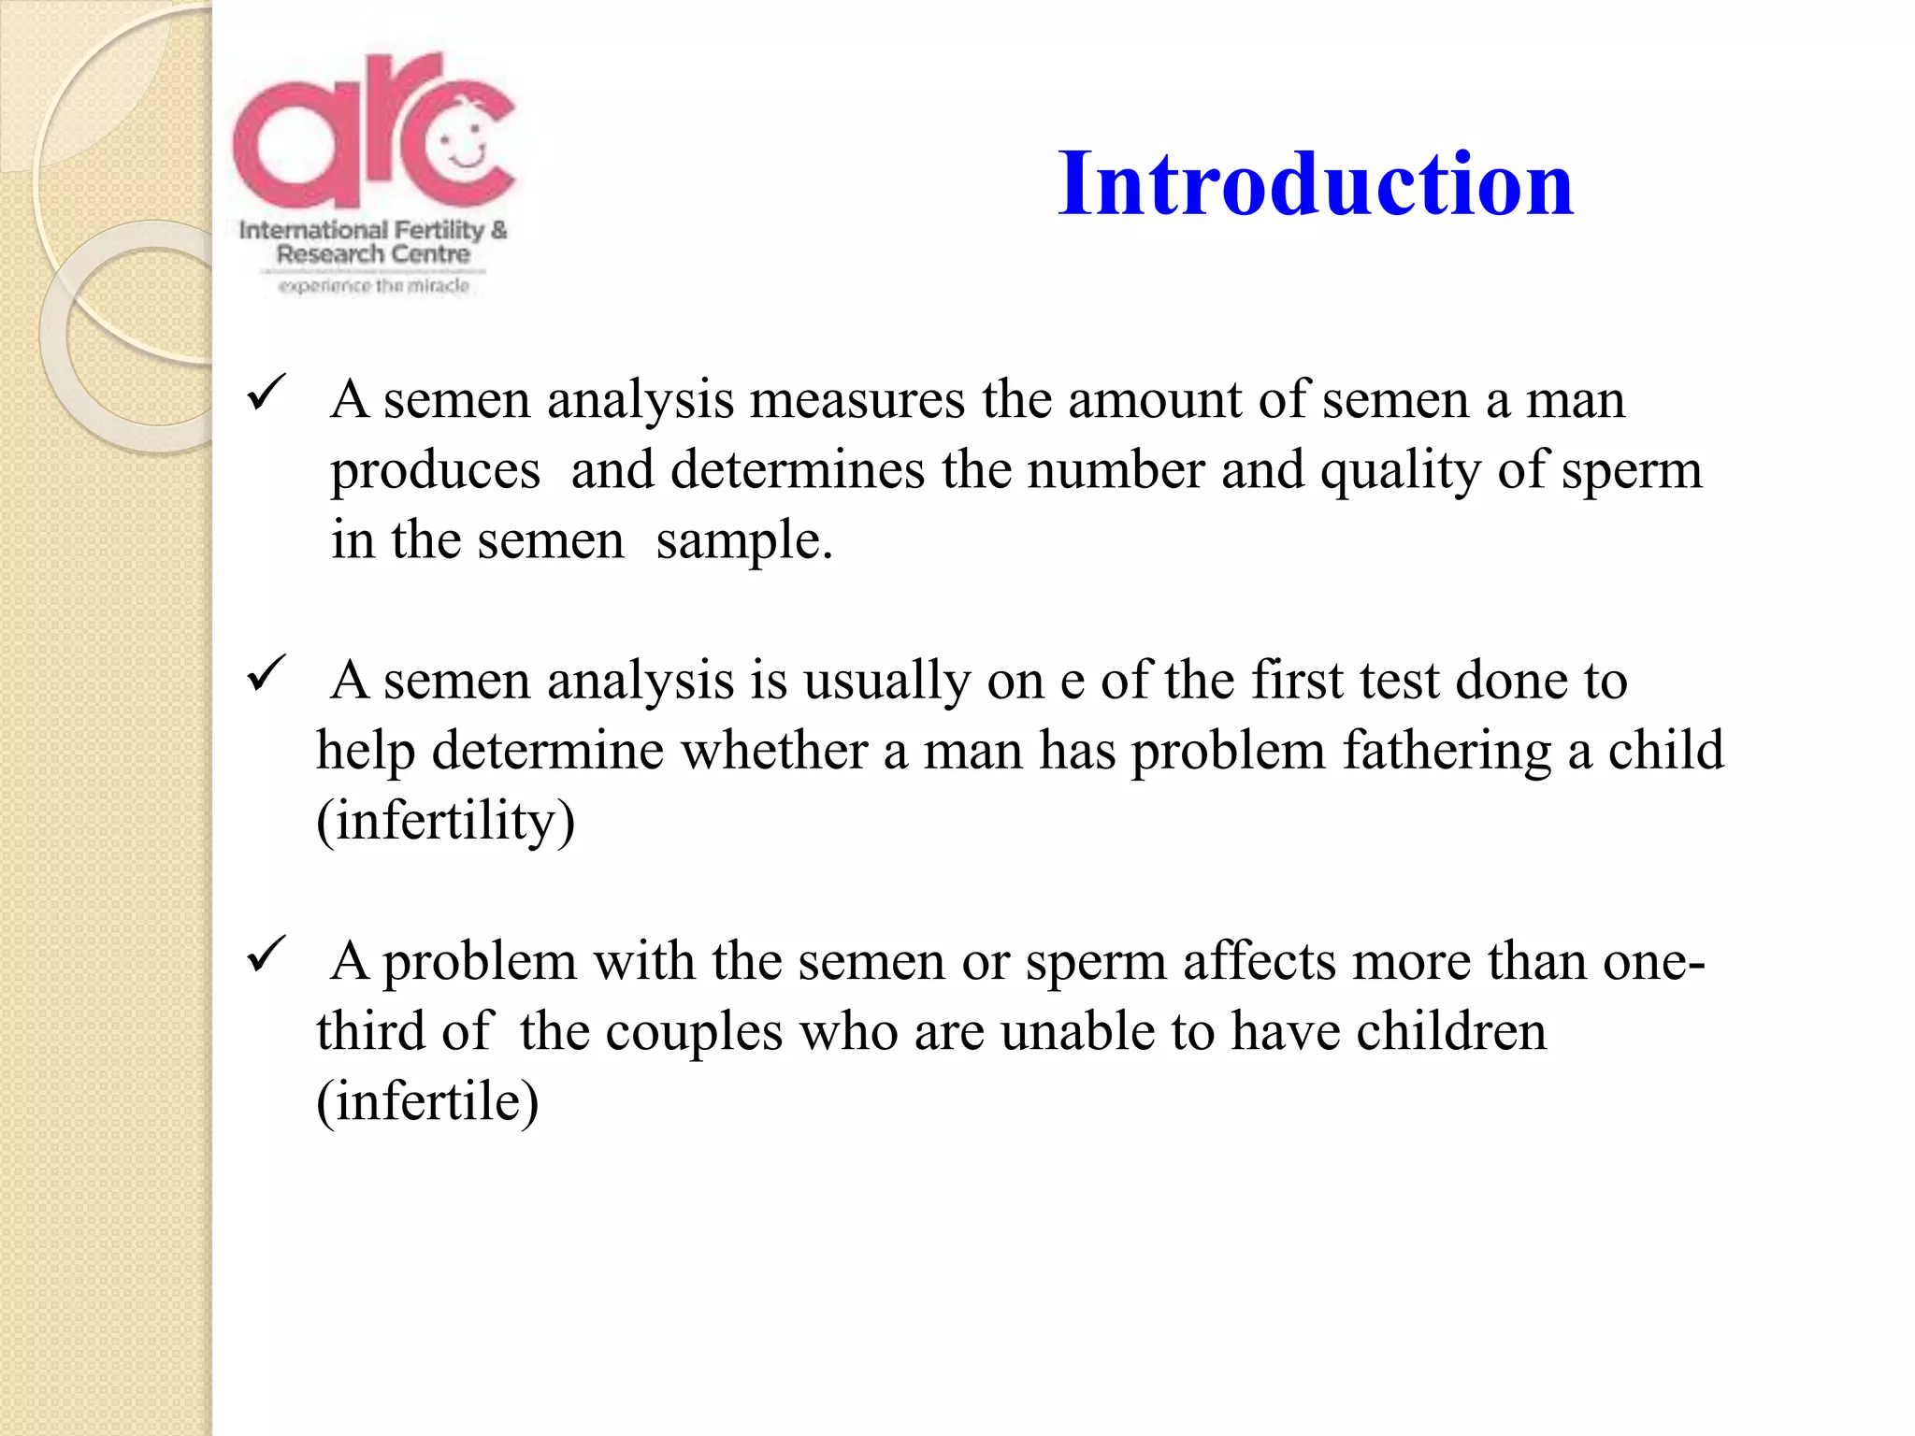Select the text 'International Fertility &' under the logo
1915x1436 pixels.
coord(372,229)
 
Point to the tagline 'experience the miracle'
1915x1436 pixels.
coord(374,286)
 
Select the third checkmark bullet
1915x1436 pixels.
coord(266,955)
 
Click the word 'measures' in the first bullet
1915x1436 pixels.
coord(857,399)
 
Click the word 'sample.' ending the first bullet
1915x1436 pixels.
coord(743,540)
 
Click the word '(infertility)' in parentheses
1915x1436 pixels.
coord(445,822)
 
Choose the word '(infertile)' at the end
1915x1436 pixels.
coord(427,1101)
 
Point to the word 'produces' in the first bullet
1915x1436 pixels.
coord(435,471)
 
